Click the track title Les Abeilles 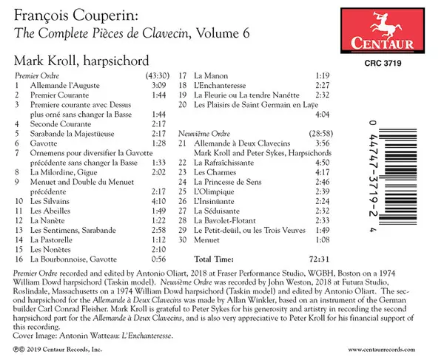(48, 210)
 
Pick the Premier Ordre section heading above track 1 (37, 76)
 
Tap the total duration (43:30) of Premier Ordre (159, 76)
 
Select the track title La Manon (209, 76)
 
